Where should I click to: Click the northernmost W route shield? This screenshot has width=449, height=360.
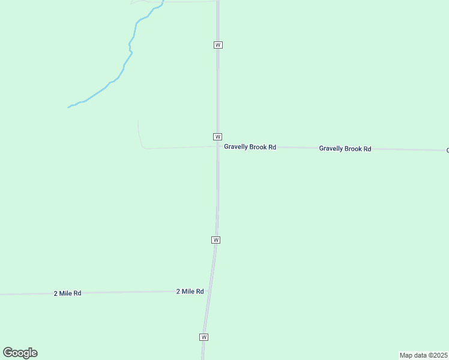click(218, 45)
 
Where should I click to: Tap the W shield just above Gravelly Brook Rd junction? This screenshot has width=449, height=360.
click(217, 137)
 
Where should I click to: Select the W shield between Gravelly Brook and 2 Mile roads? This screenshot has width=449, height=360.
click(215, 240)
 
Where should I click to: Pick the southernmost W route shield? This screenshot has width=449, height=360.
click(204, 337)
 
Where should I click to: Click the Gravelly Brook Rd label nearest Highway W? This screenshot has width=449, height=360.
click(250, 147)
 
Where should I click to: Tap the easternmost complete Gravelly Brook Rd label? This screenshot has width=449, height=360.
click(345, 149)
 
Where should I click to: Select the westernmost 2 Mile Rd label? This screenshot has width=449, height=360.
click(67, 293)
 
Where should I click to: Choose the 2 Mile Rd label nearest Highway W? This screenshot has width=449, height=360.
click(190, 292)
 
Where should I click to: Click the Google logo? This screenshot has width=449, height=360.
click(20, 353)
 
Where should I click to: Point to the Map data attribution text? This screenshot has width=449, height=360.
click(423, 355)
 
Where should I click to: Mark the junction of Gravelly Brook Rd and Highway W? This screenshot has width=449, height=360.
click(218, 146)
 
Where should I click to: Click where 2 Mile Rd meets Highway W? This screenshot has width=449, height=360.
click(210, 291)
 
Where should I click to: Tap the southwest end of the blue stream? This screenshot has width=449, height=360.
click(68, 107)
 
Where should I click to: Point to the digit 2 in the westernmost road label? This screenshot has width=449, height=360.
click(56, 293)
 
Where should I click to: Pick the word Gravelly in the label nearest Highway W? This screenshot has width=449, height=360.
click(237, 147)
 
